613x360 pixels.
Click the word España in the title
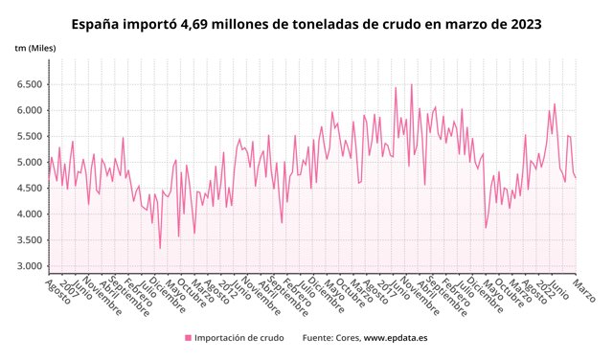[x=100, y=23]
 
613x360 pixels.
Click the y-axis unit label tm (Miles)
[x=35, y=47]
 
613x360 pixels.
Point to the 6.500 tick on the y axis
[x=29, y=84]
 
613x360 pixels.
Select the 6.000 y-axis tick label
[x=29, y=110]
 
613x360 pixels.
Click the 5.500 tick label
[x=29, y=136]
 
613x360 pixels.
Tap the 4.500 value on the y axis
[x=29, y=189]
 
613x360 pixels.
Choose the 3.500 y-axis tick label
[x=29, y=240]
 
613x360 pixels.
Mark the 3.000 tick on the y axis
[x=29, y=266]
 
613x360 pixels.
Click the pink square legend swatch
[x=188, y=338]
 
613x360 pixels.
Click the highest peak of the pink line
[x=412, y=84]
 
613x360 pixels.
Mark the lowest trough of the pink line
[x=160, y=249]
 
